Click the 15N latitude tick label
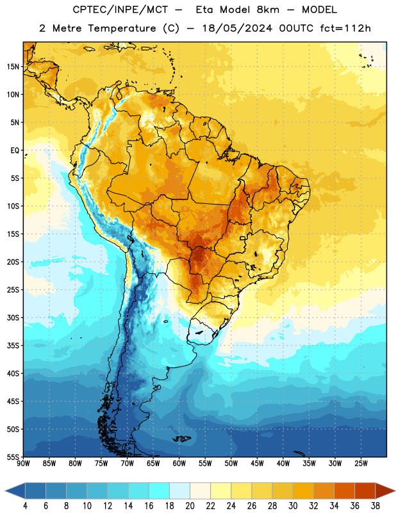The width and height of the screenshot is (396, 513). click(x=13, y=67)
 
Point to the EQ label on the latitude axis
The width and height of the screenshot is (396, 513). click(x=15, y=151)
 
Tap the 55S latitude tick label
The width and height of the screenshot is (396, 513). click(x=13, y=457)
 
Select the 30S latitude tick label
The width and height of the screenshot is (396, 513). click(x=13, y=317)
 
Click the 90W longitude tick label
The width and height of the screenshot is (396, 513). click(x=23, y=463)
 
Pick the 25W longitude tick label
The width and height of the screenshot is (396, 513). click(x=361, y=463)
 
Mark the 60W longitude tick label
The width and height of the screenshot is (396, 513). click(x=179, y=463)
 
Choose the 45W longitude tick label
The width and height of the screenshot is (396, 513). click(x=257, y=463)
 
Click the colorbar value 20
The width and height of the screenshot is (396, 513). click(x=190, y=506)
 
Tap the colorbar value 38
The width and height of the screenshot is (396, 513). click(x=375, y=506)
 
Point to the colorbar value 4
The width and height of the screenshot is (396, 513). click(x=25, y=506)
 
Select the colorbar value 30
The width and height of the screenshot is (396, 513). click(x=293, y=506)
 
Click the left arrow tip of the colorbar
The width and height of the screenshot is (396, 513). click(x=5, y=491)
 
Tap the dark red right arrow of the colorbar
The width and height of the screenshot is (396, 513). click(x=386, y=491)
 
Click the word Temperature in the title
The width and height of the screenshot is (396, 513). click(x=122, y=28)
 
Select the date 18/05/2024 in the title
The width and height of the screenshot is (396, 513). click(x=237, y=28)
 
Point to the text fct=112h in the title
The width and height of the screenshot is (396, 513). click(x=345, y=28)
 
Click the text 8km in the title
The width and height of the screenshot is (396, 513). click(x=268, y=10)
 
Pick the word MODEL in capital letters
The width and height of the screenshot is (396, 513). click(x=319, y=10)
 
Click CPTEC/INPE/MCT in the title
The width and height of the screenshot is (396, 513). click(x=120, y=10)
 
